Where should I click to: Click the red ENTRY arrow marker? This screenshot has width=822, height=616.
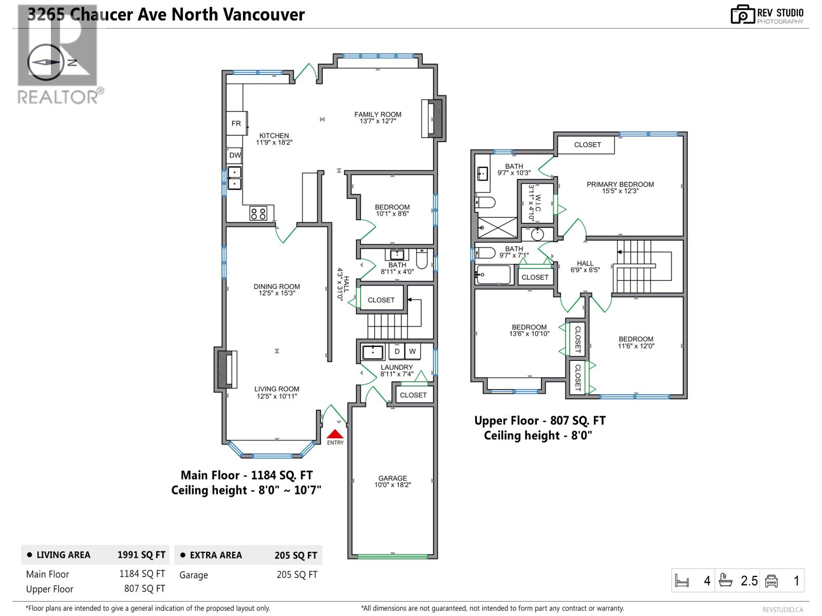pos(335,434)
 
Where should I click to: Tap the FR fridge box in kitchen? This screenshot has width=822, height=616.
pos(236,123)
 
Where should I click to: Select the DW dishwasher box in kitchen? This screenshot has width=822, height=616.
pos(235,155)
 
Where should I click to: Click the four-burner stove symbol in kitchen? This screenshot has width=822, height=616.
pos(258,213)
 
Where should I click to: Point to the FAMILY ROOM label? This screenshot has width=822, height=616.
pos(378,118)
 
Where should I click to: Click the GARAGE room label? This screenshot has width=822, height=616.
pos(393,481)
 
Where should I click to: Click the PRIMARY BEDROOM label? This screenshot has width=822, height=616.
pos(620,187)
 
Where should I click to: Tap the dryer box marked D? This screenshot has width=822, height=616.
pos(397,352)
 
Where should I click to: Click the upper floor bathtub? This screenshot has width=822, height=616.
pos(493,275)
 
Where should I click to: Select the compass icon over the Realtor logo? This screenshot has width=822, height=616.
pos(47,62)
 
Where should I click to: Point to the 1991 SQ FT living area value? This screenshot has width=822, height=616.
pos(141,555)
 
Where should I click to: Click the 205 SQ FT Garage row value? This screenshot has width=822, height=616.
pos(297,575)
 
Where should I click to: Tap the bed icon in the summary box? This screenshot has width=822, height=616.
pos(682,581)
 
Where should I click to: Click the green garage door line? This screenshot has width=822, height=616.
pos(393,556)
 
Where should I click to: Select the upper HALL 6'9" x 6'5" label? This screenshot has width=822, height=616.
pos(585,266)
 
